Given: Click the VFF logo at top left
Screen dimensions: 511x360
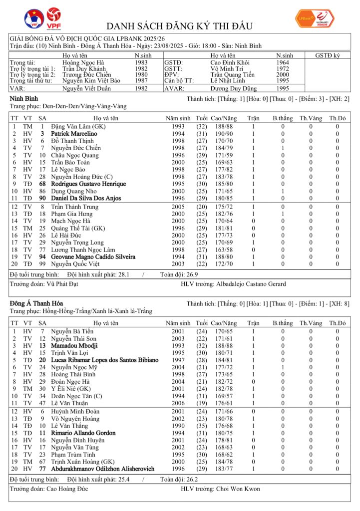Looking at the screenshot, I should [x=34, y=19].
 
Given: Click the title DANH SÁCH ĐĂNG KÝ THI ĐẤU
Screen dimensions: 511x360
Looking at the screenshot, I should [x=180, y=26].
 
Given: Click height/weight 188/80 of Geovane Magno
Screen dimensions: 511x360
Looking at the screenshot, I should [x=222, y=257].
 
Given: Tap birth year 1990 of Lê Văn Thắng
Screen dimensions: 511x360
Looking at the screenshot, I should [x=178, y=426].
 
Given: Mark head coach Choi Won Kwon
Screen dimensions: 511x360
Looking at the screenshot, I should [x=238, y=489].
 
